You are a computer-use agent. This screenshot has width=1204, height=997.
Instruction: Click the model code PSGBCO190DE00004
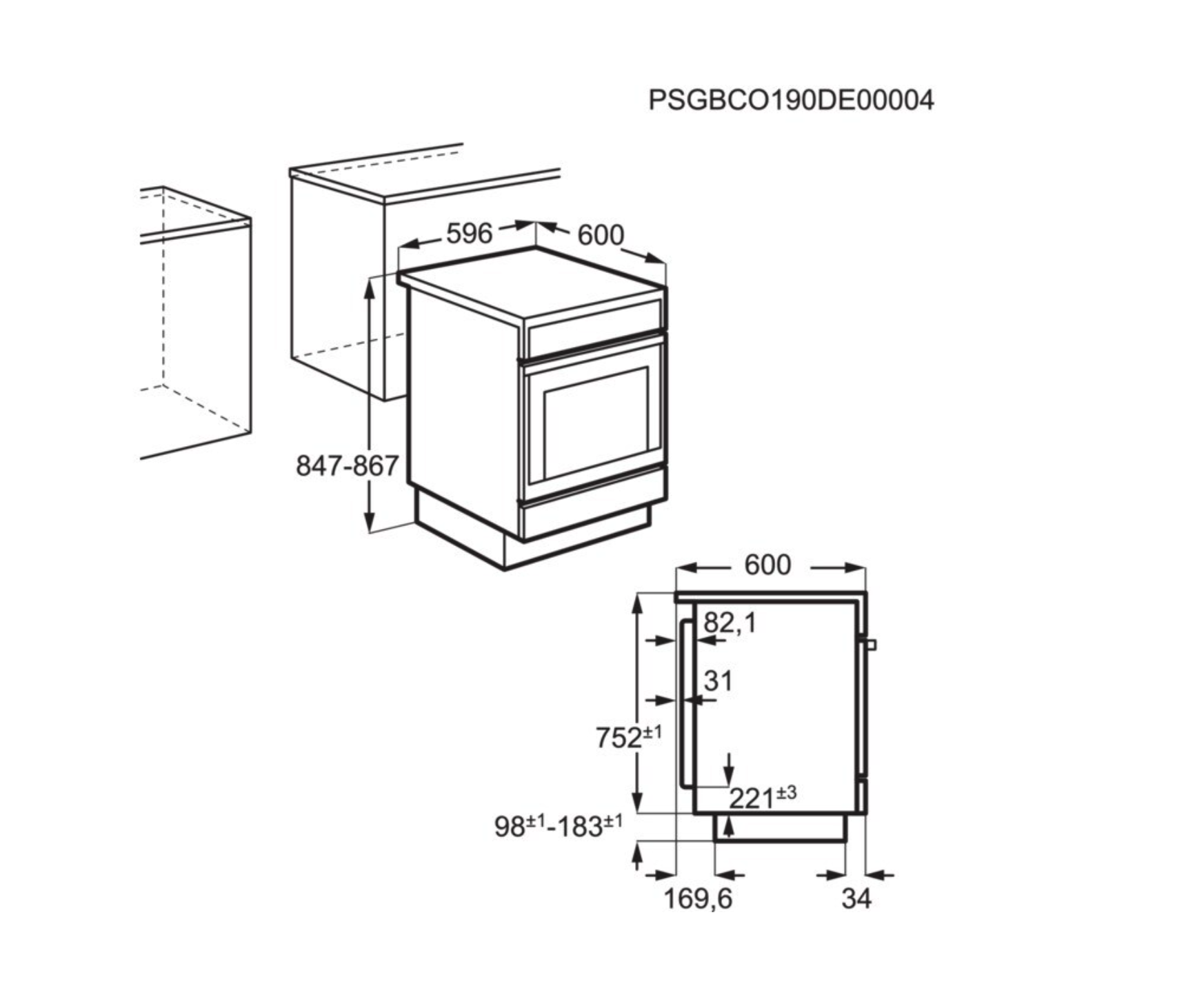(x=791, y=101)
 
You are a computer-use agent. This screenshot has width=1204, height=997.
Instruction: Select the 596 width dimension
(x=469, y=234)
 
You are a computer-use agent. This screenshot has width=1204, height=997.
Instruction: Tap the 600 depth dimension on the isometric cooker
(x=600, y=236)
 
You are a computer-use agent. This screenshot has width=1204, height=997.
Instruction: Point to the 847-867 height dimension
(x=347, y=466)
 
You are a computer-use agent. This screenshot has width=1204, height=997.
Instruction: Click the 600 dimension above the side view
(x=767, y=565)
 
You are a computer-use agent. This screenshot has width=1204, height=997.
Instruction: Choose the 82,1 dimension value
(x=730, y=623)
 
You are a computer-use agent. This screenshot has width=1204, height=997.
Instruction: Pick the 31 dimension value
(x=718, y=681)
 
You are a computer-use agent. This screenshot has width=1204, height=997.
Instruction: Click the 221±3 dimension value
(x=761, y=798)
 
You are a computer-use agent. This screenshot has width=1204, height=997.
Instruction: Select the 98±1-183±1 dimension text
(x=558, y=826)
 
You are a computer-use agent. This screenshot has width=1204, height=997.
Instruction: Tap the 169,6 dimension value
(x=697, y=899)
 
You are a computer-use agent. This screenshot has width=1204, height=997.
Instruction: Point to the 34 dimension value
(x=856, y=899)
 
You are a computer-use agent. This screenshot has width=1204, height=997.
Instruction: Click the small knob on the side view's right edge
(x=872, y=645)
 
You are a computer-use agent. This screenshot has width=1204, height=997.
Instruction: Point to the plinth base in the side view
(x=780, y=828)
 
